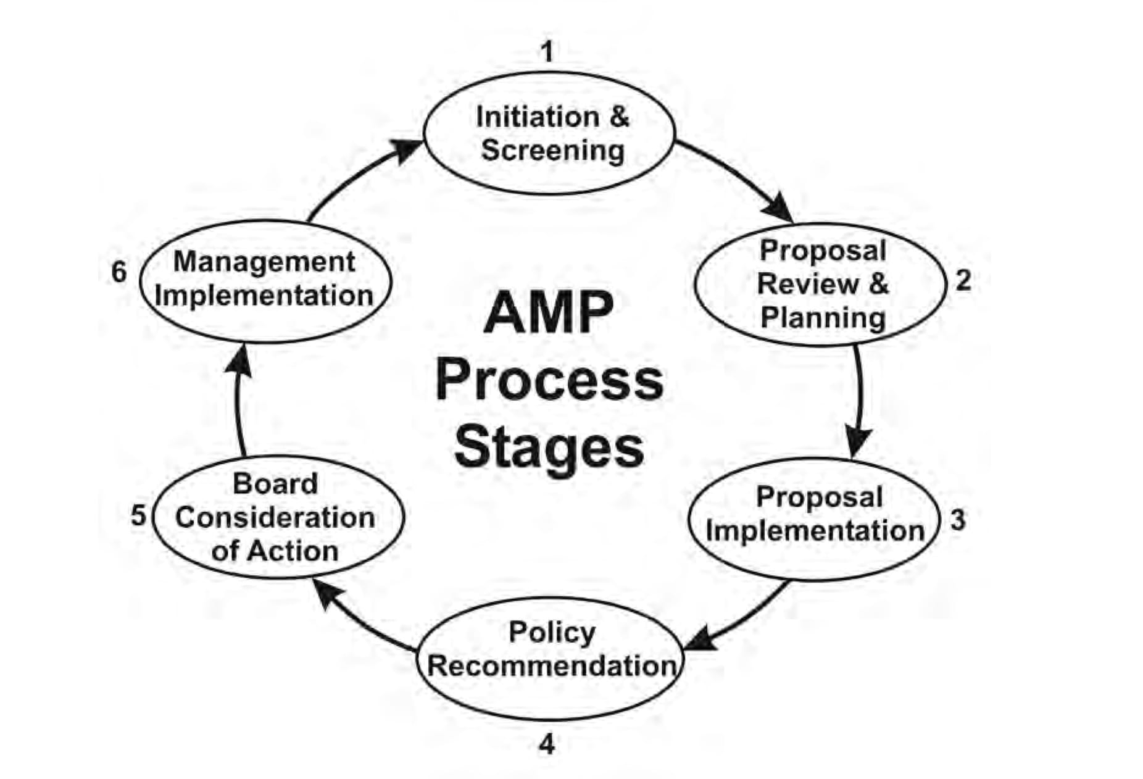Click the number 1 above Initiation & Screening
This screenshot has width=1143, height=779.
[x=547, y=52]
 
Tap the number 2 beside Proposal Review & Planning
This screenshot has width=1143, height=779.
[x=963, y=281]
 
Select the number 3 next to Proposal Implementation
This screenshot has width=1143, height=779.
[x=957, y=520]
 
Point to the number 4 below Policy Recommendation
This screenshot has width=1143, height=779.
[x=547, y=745]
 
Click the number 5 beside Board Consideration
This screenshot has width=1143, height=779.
[x=138, y=515]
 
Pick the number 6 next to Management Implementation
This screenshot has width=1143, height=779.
[x=118, y=272]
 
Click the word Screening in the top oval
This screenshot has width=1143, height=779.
[x=552, y=150]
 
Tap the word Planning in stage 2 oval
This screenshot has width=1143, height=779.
[x=823, y=318]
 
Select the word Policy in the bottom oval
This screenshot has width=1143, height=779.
[x=552, y=632]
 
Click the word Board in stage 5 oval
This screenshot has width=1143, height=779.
[x=275, y=483]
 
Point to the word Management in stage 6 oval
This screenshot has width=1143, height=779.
[x=264, y=262]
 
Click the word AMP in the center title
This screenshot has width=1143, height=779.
[x=549, y=313]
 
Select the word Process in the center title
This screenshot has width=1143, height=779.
[x=549, y=380]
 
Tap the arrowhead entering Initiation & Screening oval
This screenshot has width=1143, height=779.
[x=407, y=150]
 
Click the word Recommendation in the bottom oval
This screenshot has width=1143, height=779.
[x=552, y=666]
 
